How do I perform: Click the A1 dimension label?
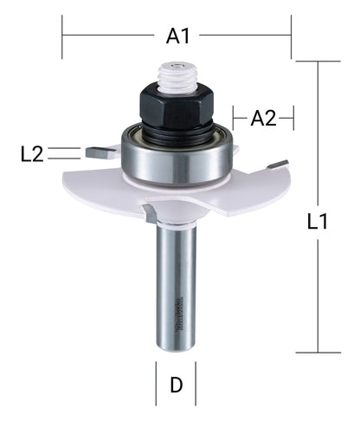[x=177, y=36]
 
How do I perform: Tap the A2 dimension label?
[x=263, y=119]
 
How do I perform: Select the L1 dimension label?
[x=318, y=221]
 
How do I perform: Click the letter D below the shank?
[x=177, y=385]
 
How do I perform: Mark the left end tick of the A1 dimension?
[x=62, y=35]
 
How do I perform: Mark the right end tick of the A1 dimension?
[x=292, y=35]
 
